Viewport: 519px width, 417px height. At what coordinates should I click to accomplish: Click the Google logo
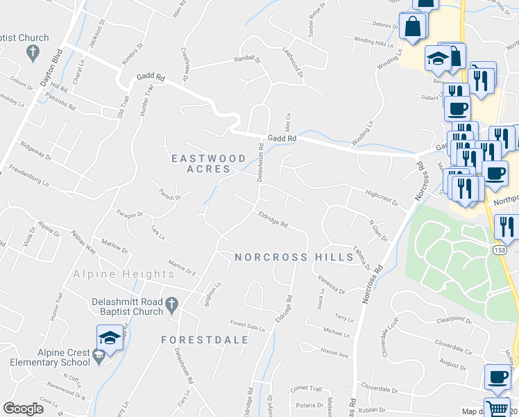23,409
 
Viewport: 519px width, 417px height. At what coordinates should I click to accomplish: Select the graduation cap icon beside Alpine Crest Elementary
109,339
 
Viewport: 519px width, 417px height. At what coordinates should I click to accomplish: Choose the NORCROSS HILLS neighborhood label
294,257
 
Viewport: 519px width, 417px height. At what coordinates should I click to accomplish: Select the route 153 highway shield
500,250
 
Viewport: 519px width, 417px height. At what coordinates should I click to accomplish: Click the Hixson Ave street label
334,353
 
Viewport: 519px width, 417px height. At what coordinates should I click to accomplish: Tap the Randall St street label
246,60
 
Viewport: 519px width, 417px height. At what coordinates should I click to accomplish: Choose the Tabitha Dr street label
361,258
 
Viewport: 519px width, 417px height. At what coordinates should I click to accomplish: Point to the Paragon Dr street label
129,215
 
